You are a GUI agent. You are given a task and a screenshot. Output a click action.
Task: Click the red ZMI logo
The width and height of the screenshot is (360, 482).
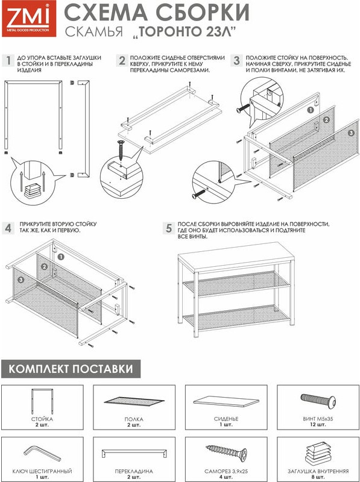click(x=29, y=19)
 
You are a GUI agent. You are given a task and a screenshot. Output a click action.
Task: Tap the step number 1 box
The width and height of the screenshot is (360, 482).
click(x=8, y=60)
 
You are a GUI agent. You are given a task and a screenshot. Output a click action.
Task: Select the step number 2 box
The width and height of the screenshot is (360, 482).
click(x=122, y=60)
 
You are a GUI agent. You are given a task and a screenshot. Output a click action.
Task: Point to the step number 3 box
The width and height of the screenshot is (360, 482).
click(x=236, y=60)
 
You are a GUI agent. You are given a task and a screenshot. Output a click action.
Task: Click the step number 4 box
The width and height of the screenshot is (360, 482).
click(x=8, y=228)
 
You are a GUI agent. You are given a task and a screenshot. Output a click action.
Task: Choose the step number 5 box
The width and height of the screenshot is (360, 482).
click(x=169, y=228)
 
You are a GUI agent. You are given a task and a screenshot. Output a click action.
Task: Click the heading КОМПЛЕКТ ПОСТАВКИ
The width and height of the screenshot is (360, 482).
click(x=71, y=369)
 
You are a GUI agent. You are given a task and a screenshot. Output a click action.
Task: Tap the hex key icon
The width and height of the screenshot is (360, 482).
click(x=42, y=453)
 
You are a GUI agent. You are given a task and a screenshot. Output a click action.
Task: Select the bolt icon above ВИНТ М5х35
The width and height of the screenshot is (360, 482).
click(x=318, y=401)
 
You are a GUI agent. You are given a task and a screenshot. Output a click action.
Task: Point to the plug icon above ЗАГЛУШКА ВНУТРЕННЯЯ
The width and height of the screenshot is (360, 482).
click(x=318, y=453)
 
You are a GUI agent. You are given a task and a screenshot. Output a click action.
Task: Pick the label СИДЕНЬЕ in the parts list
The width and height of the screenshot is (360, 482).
click(x=226, y=419)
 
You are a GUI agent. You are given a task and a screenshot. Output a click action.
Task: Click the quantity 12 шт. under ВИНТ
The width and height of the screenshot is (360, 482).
click(x=318, y=425)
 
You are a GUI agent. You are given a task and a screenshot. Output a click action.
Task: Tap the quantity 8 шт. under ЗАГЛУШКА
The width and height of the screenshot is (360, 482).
click(x=318, y=477)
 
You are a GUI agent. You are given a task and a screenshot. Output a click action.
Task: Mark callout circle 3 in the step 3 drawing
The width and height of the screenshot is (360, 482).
click(x=351, y=133)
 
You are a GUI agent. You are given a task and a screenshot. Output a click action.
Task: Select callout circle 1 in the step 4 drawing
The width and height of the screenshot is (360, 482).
click(x=61, y=257)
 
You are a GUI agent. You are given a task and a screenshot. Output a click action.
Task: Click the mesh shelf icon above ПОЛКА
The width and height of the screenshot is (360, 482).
click(x=134, y=401)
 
